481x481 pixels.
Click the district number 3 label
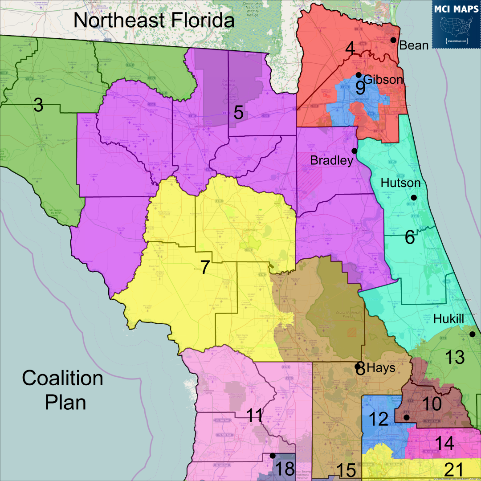pos(38,106)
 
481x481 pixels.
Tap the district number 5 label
pos(239,113)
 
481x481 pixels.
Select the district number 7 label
pos(205,267)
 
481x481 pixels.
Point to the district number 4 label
pos(350,49)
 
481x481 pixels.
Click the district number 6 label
pos(409,237)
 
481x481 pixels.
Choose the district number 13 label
pos(454,357)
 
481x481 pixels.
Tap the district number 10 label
pos(431,404)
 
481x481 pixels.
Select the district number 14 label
pos(444,444)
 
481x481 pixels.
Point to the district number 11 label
pos(254,416)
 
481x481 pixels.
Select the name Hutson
pos(400,183)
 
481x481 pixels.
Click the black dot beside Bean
pos(393,40)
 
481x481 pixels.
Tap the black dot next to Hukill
pos(472,334)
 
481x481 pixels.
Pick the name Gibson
pos(383,80)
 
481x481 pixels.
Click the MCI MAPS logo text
pos(456,8)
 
